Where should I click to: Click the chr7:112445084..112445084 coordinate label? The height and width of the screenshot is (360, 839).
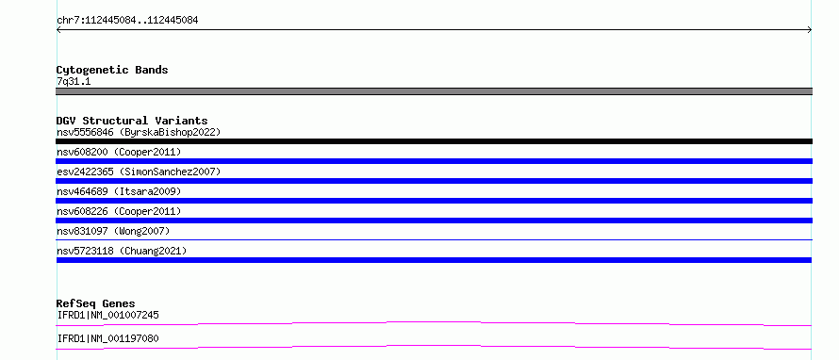127,21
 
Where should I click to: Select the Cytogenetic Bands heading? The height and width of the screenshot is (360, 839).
112,70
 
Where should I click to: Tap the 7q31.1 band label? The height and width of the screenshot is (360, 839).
74,82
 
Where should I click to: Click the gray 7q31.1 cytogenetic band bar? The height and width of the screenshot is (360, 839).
434,91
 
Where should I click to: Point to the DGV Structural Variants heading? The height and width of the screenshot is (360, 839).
132,121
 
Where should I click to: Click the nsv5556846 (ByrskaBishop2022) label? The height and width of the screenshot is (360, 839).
139,132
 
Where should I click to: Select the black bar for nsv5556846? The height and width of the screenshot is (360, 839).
434,141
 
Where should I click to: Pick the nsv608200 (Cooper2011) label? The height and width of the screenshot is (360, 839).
119,152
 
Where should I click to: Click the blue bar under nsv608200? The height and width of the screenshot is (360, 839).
434,161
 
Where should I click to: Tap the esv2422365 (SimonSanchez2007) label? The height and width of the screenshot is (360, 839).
139,172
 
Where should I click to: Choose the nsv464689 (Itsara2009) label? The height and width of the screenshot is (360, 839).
119,191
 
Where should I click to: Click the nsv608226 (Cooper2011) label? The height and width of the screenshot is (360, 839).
119,211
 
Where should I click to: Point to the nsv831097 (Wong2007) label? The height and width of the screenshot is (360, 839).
113,231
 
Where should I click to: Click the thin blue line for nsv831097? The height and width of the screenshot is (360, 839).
434,239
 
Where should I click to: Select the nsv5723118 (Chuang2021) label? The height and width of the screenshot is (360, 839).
122,251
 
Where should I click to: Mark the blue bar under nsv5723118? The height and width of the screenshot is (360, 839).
434,260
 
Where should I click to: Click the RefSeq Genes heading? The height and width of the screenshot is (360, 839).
96,303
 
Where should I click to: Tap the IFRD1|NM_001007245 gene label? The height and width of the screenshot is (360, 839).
108,315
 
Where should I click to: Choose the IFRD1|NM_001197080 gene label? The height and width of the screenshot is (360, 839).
108,338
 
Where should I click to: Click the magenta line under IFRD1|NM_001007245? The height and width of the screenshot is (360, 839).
434,322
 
